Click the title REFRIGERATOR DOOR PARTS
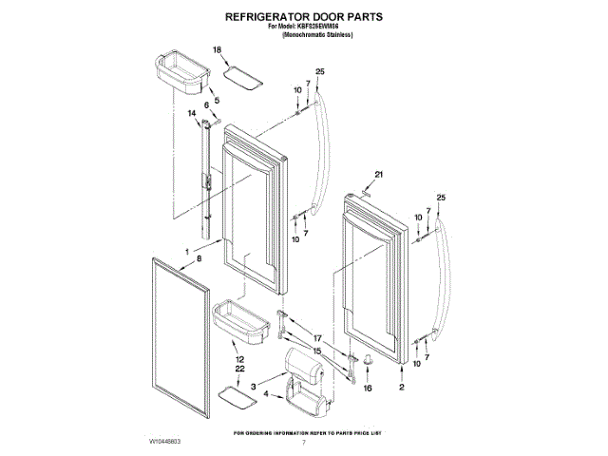304,17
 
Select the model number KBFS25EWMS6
324,27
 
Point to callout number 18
217,49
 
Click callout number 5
216,100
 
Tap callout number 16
369,389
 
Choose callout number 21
377,175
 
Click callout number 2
402,389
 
